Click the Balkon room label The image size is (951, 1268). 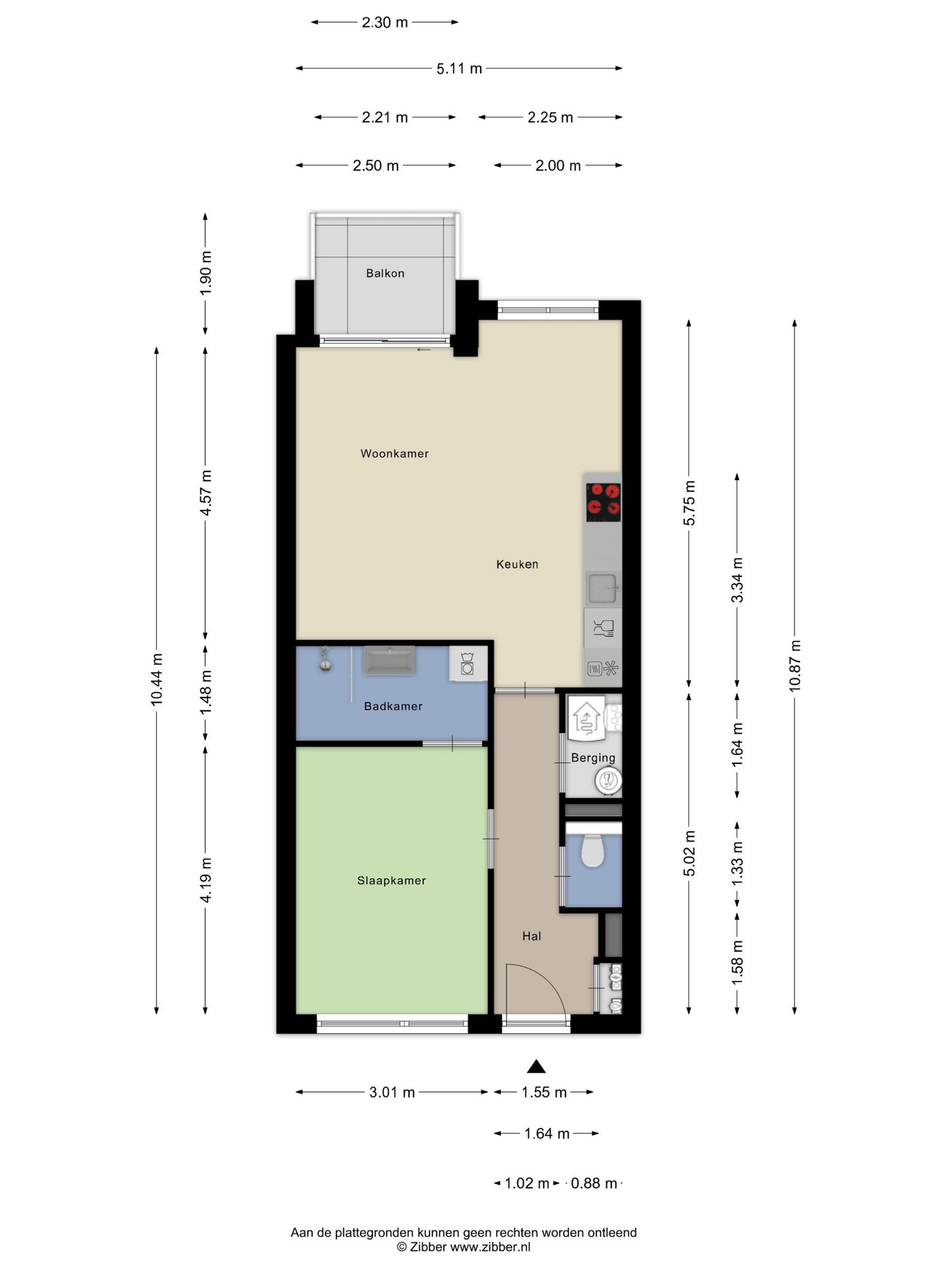[x=385, y=273]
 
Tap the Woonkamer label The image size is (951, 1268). [x=394, y=454]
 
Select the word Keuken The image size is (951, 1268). [x=517, y=564]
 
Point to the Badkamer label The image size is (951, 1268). [x=393, y=706]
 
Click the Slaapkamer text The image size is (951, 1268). [x=392, y=880]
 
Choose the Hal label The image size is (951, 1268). [x=532, y=936]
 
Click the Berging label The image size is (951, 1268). [x=593, y=757]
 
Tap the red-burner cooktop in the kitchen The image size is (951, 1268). [x=604, y=502]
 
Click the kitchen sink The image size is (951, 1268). [x=603, y=588]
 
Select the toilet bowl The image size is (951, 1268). [x=593, y=851]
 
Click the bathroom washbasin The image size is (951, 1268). [x=390, y=660]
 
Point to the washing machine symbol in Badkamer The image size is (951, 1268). [x=468, y=662]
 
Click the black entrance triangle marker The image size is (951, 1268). [x=536, y=1066]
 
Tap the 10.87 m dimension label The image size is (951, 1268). [x=794, y=666]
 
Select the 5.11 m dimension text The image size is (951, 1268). [x=459, y=68]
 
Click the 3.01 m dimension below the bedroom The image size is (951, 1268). [x=392, y=1092]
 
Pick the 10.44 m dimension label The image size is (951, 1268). [x=157, y=679]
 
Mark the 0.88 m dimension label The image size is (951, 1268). [x=594, y=1183]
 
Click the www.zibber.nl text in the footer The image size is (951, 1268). [x=490, y=1247]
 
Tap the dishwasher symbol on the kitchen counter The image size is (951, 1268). [x=603, y=627]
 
